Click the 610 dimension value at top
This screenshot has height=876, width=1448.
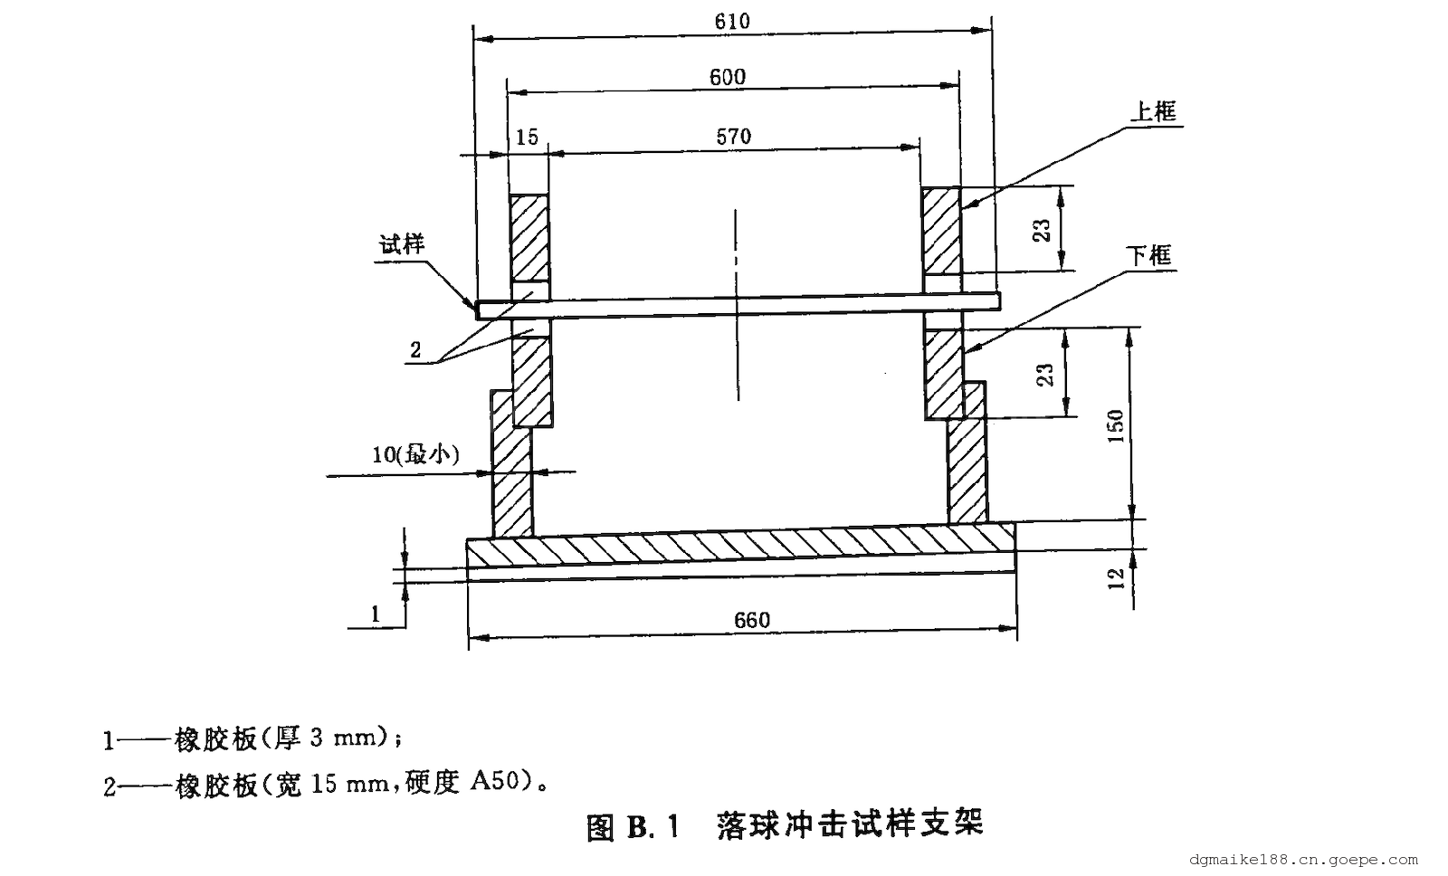pos(731,22)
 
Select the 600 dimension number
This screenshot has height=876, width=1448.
pos(728,77)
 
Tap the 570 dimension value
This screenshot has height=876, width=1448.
pos(733,137)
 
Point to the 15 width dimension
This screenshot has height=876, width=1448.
pos(527,137)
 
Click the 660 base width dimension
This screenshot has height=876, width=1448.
pos(752,620)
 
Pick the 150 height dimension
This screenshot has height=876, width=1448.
pos(1115,425)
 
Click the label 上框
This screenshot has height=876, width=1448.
pos(1153,112)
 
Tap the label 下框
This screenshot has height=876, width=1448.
pos(1149,255)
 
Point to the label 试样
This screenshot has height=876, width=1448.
pos(402,244)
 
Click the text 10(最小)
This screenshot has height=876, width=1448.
pos(416,454)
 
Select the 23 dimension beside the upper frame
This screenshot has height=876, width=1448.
pos(1043,230)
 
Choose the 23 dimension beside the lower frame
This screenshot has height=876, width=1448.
pos(1045,374)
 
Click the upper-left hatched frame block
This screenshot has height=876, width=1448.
pos(529,238)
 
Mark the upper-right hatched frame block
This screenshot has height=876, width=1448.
pos(941,232)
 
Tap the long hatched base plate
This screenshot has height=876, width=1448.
pos(740,547)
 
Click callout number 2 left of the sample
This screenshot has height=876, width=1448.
pos(415,351)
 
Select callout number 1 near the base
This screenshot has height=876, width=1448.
pos(376,614)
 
